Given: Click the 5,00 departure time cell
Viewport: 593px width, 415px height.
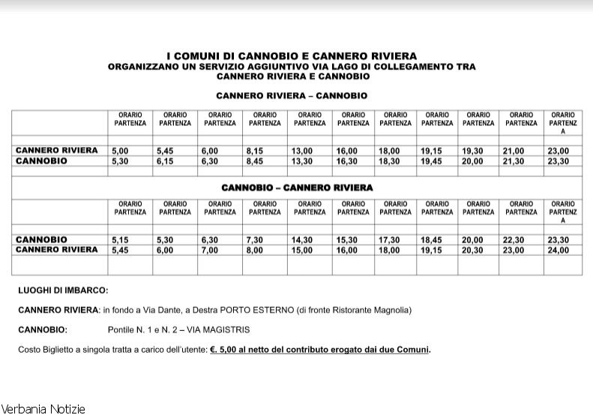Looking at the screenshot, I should (119, 151).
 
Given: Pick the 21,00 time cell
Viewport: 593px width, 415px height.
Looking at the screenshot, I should (514, 151).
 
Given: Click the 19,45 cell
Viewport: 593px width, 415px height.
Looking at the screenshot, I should (432, 161).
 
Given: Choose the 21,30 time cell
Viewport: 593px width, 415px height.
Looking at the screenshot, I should (514, 161).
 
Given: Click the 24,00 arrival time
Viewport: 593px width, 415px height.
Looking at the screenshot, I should (559, 250).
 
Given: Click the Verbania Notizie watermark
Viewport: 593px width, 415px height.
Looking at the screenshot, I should (43, 409).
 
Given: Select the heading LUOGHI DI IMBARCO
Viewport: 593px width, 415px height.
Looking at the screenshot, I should (63, 290).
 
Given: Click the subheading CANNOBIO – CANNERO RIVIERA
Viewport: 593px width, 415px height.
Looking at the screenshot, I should (297, 187).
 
